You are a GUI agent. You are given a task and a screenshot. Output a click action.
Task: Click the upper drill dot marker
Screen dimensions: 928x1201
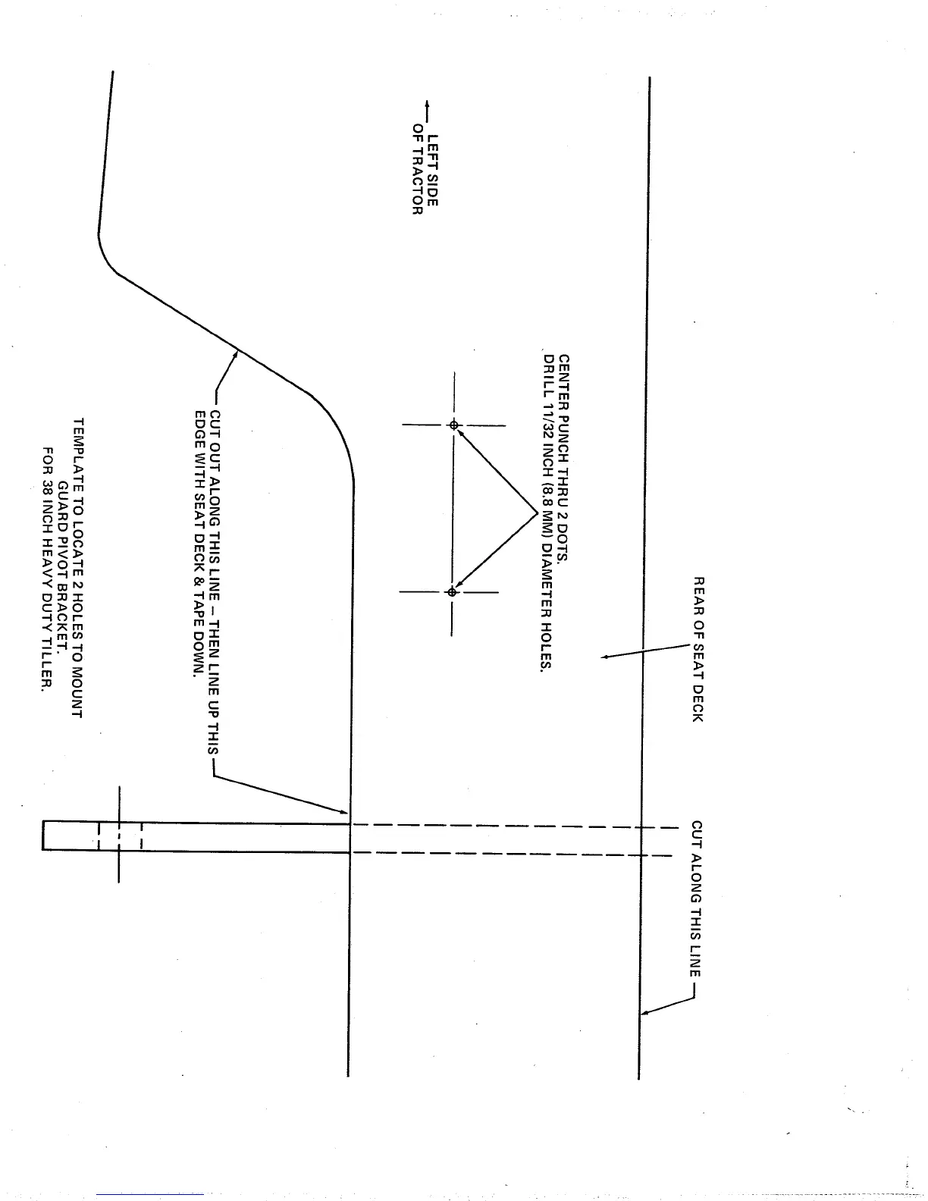[453, 425]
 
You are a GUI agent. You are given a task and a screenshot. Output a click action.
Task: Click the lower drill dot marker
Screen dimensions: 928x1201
[452, 591]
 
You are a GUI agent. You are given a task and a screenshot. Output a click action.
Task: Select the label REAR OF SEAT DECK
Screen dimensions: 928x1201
[698, 649]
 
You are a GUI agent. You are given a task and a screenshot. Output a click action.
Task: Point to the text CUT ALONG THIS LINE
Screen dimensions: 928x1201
[697, 898]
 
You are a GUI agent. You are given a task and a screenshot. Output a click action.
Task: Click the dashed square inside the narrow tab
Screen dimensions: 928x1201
[120, 836]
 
